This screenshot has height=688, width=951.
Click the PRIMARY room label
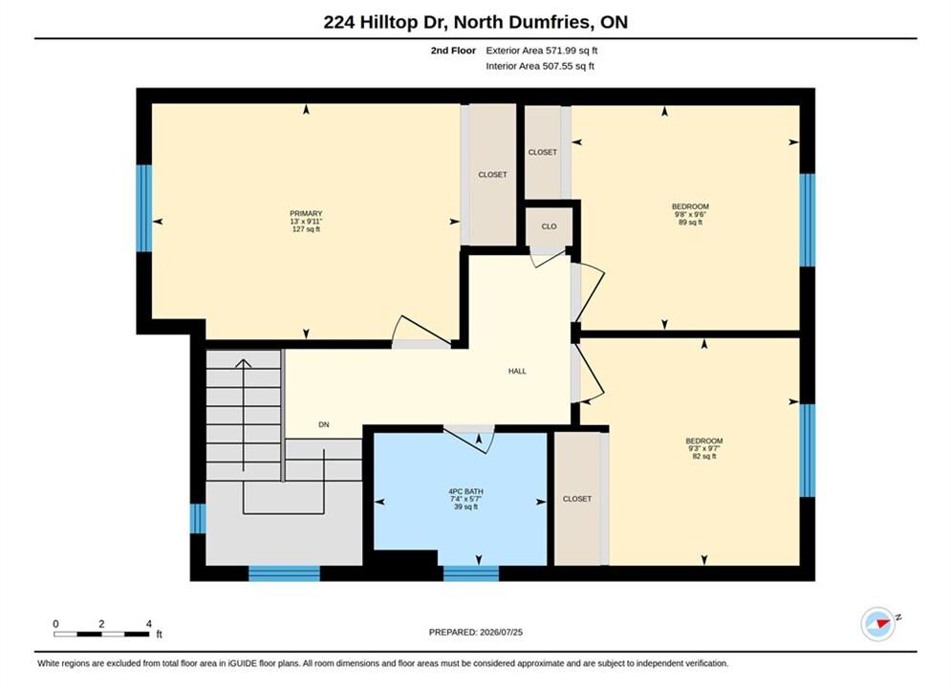click(306, 213)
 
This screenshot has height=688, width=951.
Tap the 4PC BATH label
click(465, 491)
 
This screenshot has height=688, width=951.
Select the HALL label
click(517, 371)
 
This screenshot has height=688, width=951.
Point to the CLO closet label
click(549, 226)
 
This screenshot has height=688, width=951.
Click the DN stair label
click(324, 424)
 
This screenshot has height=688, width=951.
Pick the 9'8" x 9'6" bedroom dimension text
click(690, 214)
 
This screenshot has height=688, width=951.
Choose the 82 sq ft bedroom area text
click(704, 456)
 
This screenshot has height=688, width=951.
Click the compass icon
click(878, 623)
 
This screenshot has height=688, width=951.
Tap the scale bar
click(101, 634)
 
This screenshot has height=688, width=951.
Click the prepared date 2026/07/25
click(501, 632)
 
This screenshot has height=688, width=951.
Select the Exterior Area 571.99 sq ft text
click(542, 51)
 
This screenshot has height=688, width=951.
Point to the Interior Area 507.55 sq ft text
click(540, 66)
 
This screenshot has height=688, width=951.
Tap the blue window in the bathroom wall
click(471, 572)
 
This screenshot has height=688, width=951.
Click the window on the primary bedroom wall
click(143, 208)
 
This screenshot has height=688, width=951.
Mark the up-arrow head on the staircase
click(243, 363)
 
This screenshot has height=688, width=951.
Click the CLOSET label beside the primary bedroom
click(492, 174)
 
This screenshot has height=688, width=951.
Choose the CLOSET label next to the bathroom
click(576, 498)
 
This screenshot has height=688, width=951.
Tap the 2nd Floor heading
click(453, 51)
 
